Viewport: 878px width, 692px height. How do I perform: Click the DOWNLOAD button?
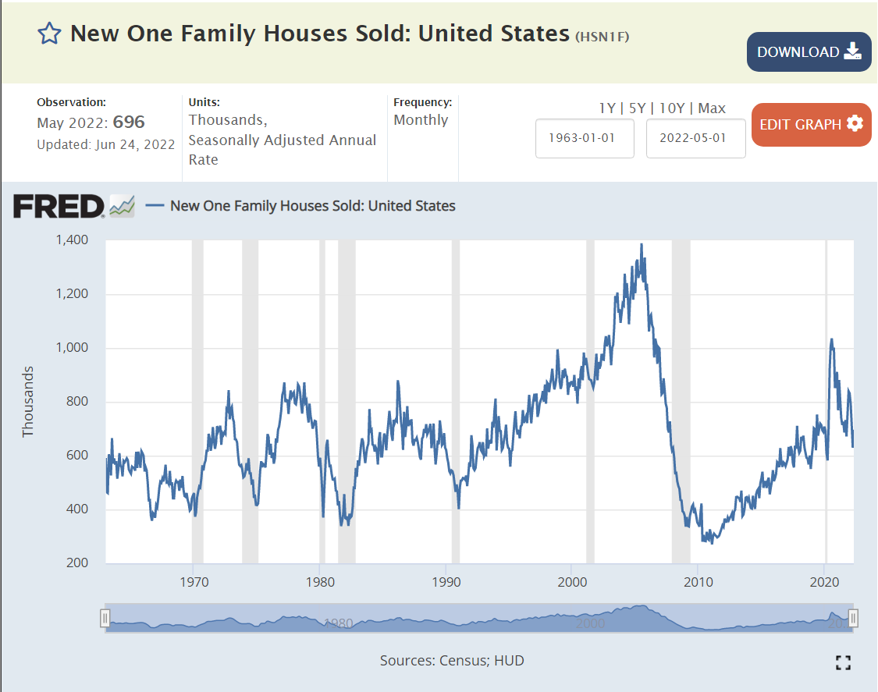click(x=809, y=52)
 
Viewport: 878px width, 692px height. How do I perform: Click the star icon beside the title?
click(x=49, y=34)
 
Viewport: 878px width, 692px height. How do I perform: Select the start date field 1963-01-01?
click(x=585, y=138)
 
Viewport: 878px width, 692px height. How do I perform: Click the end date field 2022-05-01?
click(x=695, y=138)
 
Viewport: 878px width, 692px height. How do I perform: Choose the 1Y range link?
click(x=607, y=108)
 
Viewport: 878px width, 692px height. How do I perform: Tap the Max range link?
click(x=712, y=108)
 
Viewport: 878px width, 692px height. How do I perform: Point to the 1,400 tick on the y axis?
click(x=71, y=240)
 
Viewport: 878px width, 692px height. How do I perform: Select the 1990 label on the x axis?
click(x=446, y=581)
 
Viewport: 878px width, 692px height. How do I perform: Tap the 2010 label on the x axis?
click(x=698, y=581)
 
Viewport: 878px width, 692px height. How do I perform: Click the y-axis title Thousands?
click(x=29, y=401)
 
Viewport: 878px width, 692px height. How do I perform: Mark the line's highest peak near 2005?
click(x=642, y=244)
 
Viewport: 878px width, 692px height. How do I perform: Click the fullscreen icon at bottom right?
click(x=842, y=662)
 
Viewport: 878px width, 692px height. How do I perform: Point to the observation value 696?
click(x=130, y=122)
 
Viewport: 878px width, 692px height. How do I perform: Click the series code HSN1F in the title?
click(x=602, y=36)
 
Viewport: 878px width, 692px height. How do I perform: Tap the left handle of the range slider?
click(x=105, y=619)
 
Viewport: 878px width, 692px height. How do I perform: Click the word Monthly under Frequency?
click(x=421, y=120)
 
